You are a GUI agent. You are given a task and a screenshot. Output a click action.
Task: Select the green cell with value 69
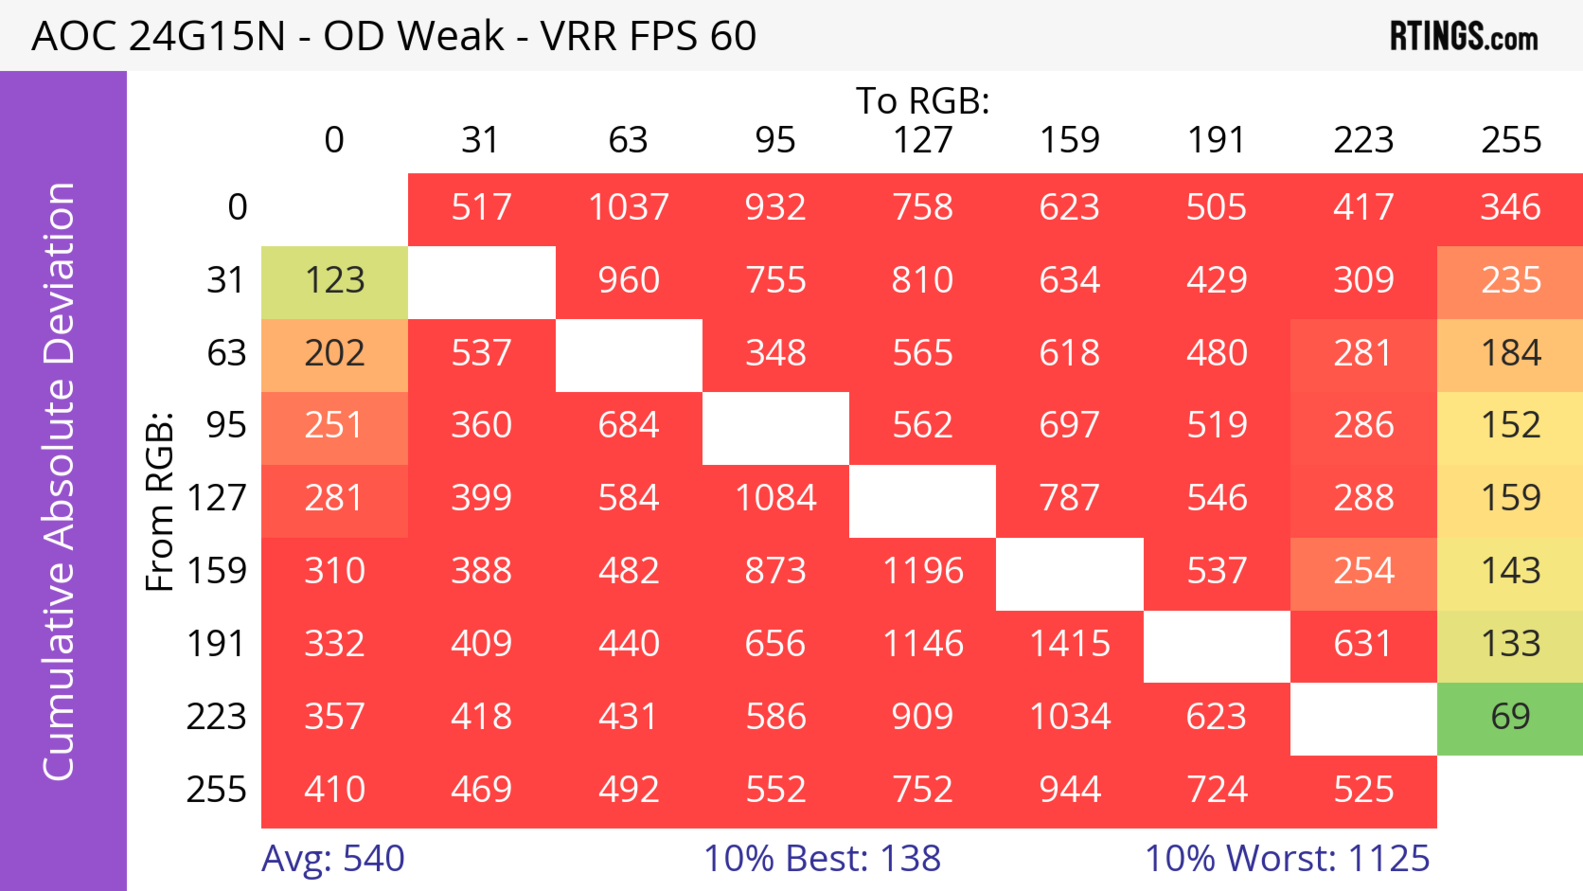[1510, 717]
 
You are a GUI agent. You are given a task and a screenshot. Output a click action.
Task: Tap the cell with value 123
[334, 280]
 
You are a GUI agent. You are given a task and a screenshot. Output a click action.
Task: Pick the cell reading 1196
[923, 571]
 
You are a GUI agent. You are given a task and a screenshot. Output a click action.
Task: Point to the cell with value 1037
[629, 207]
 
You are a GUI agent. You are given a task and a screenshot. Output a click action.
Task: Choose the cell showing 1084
[775, 498]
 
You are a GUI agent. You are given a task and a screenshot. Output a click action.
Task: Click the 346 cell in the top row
[1510, 207]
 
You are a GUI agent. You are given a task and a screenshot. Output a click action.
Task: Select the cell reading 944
[1069, 790]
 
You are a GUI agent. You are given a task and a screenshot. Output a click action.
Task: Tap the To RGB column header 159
[1069, 140]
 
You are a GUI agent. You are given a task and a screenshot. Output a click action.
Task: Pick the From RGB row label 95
[226, 425]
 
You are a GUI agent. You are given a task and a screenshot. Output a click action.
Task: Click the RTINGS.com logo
[1464, 36]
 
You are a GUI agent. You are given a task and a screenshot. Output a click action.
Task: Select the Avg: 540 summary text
[332, 858]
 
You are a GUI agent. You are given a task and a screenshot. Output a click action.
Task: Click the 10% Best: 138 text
[822, 858]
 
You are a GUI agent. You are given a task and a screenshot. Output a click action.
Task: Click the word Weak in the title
[451, 36]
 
